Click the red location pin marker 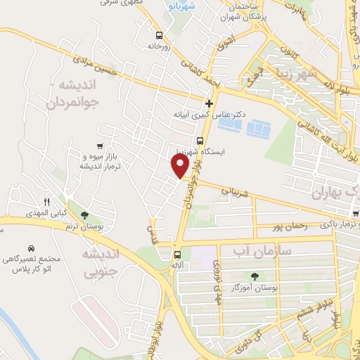click(181, 167)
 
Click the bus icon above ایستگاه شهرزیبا click(200, 140)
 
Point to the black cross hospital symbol click(208, 103)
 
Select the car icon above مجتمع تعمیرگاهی click(31, 249)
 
